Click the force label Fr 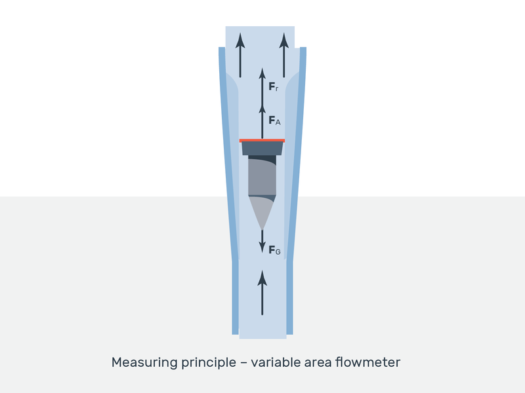274,86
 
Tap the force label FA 274,121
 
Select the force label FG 274,249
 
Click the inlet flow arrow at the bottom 262,292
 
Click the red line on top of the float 262,140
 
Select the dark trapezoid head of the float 262,149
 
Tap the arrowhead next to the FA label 262,107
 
